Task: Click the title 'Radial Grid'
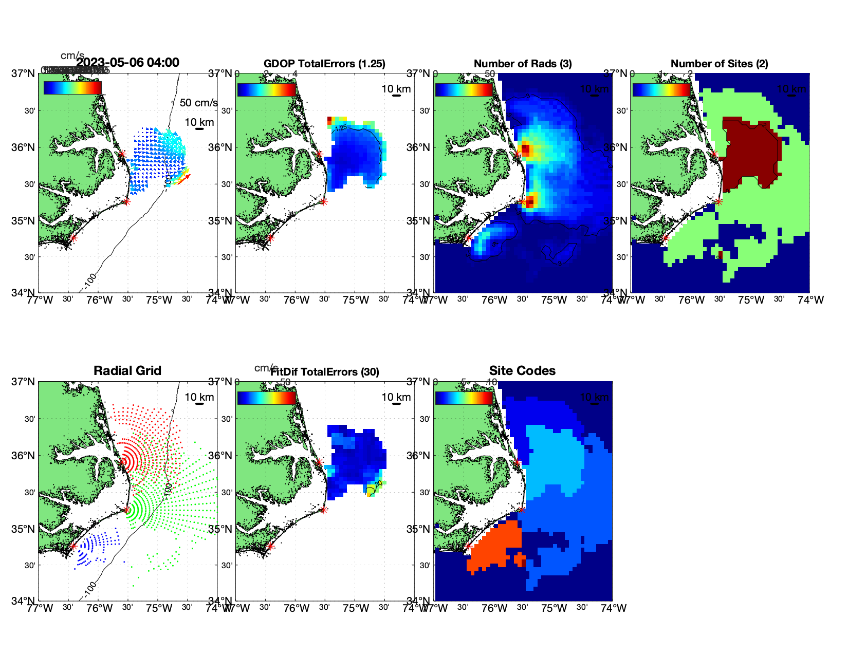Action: pos(127,371)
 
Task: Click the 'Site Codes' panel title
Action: pos(522,371)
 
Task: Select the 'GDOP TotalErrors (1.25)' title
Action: pos(324,64)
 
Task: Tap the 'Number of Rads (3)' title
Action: pos(523,64)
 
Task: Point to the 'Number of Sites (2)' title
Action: pos(719,64)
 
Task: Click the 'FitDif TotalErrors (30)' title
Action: pos(325,372)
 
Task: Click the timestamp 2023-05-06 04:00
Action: pos(128,63)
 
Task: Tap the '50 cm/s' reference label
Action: pos(198,103)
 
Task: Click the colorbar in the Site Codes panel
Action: pos(464,398)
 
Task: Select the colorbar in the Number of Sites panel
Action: pos(661,89)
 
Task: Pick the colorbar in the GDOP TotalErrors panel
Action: pos(267,89)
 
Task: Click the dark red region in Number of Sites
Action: pos(750,149)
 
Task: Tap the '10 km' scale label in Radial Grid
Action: pos(199,397)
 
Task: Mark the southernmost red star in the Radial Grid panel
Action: pos(73,546)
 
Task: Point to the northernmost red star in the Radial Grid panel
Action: pos(122,462)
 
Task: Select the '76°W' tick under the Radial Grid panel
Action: pos(99,609)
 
